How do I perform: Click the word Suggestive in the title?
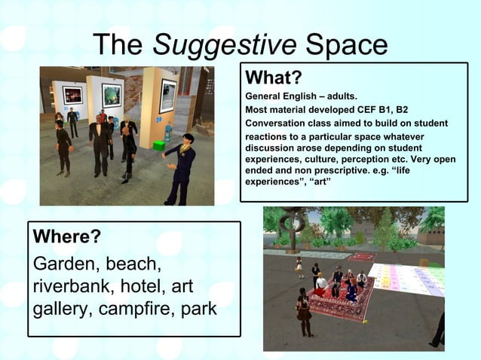click(225, 47)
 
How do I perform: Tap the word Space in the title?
click(347, 47)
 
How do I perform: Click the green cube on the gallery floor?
click(159, 144)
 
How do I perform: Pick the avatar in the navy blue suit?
click(181, 167)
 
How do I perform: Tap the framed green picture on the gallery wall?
click(112, 94)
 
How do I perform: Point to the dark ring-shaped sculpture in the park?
click(292, 224)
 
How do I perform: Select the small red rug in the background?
click(361, 258)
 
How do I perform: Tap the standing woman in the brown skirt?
click(304, 313)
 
